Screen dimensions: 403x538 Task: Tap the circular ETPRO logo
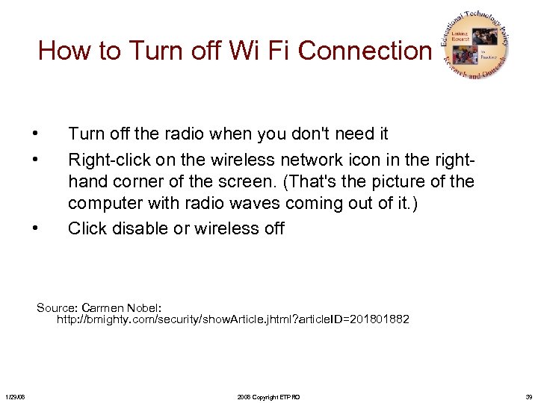476,46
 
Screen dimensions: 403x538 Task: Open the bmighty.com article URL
233,319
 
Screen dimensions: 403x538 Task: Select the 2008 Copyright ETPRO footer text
268,396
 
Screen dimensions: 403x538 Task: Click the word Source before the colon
55,307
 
